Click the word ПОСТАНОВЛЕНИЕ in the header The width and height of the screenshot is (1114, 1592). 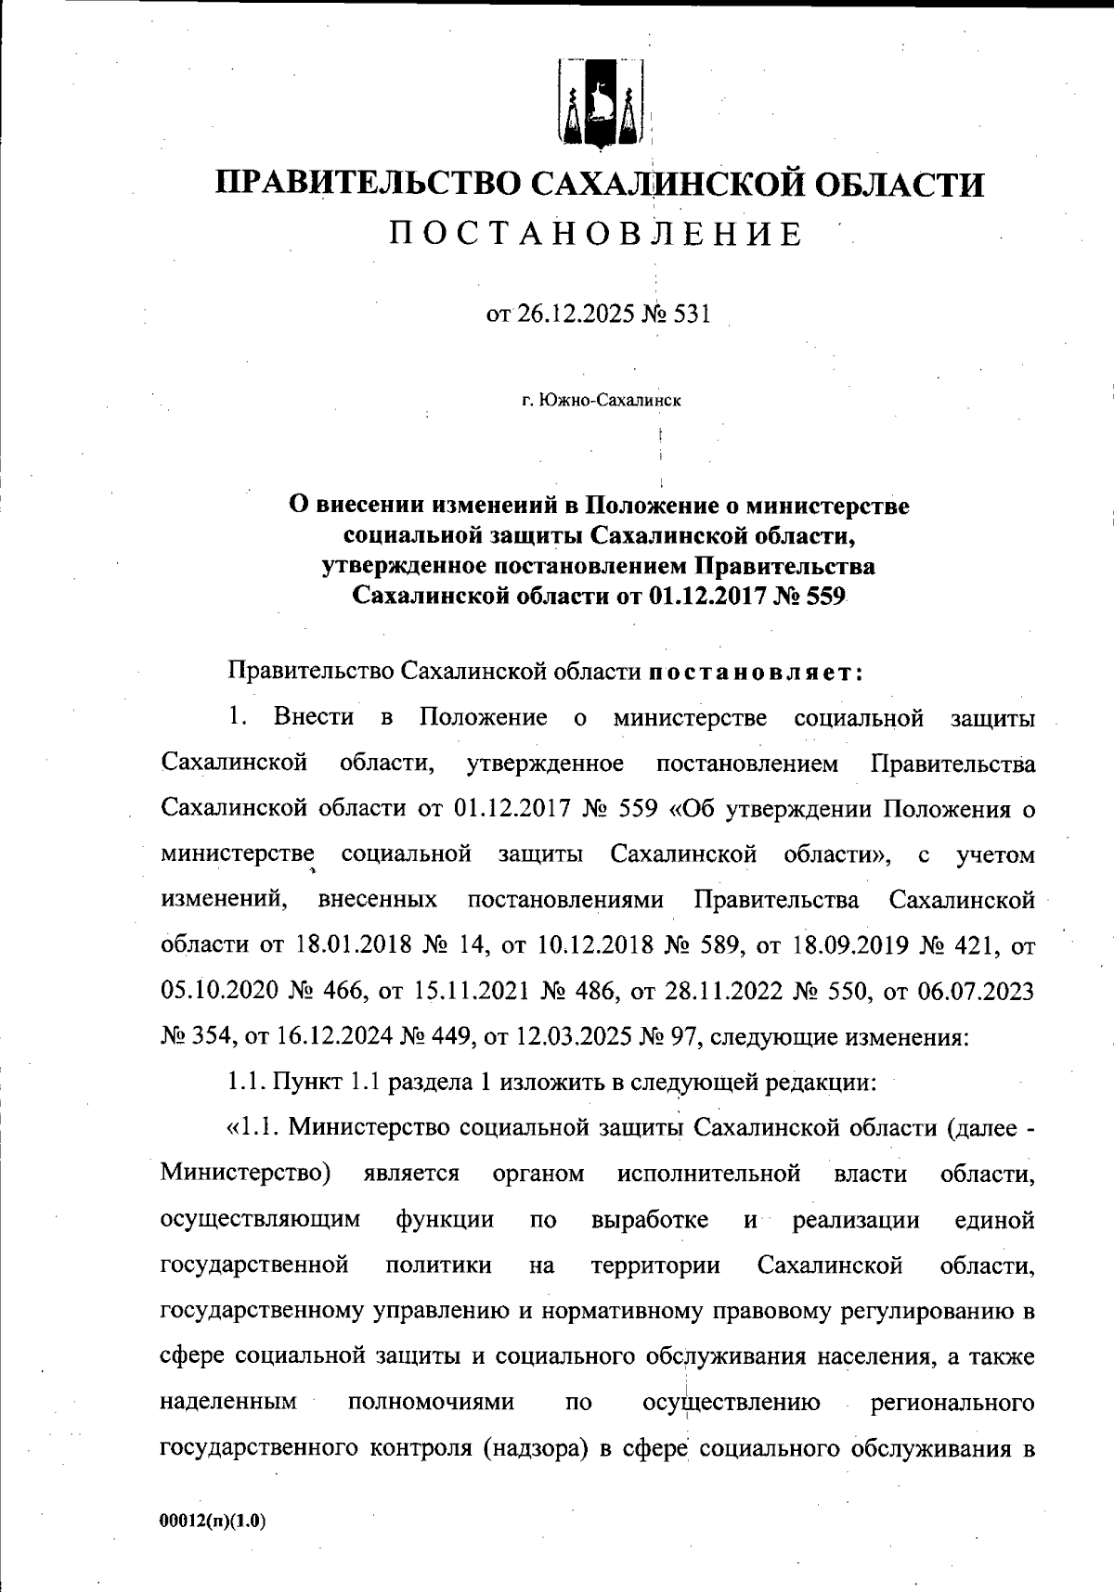[x=596, y=235]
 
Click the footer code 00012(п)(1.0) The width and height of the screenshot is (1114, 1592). [x=213, y=1521]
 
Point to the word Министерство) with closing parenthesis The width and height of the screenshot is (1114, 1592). [x=247, y=1174]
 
